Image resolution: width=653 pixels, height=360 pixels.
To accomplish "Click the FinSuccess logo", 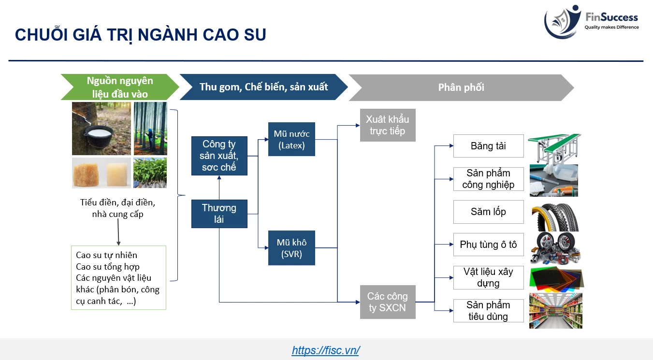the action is (591, 22).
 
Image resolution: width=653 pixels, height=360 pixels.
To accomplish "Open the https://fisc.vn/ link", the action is (326, 350).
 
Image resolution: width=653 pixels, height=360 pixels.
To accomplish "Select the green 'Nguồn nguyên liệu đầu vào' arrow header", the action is (120, 87).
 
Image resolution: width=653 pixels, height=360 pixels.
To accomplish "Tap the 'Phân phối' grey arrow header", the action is (461, 87).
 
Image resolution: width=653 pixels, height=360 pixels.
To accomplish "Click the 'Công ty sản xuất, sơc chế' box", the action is (219, 156).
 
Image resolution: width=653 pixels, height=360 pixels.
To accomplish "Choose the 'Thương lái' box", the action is (219, 214).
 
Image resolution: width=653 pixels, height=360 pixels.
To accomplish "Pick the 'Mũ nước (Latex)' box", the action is (291, 139).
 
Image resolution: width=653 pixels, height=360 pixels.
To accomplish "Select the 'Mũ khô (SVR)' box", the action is (291, 248).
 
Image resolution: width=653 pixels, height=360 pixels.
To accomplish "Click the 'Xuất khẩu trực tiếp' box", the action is (388, 125).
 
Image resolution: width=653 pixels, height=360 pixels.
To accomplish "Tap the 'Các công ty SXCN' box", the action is (388, 302).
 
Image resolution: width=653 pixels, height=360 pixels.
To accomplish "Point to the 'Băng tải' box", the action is (488, 146).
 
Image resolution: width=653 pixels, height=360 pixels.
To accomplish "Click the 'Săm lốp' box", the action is (488, 212).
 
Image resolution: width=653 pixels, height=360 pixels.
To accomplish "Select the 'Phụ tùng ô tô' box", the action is (488, 245).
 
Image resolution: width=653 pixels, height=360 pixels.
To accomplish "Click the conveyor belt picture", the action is (555, 148).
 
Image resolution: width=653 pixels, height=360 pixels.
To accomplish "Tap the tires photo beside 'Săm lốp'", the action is (555, 217).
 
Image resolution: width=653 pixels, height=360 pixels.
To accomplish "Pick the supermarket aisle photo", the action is (556, 311).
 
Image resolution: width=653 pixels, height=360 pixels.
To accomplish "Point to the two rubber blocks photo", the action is (102, 173).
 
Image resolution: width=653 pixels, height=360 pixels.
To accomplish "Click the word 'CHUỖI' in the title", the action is (41, 34).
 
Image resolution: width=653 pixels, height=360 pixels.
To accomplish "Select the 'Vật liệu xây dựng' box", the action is (488, 277).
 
